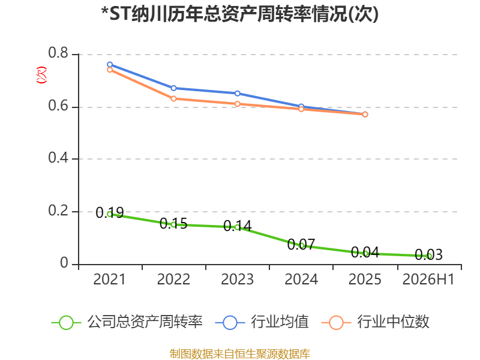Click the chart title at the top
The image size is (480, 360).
pos(240,14)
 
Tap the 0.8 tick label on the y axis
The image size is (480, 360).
pos(58,53)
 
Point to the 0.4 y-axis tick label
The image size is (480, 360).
pos(58,158)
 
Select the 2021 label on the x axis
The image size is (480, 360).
pos(109,279)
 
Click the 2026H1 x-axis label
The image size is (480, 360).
pos(428,279)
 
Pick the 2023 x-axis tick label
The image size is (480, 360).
pos(237,279)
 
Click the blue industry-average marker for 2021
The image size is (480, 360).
pos(110,65)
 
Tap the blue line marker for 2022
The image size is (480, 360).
pos(173,88)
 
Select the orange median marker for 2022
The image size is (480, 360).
pos(173,98)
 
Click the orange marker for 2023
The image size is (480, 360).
pos(237,104)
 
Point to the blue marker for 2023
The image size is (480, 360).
pos(237,94)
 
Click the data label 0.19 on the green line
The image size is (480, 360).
pos(110,213)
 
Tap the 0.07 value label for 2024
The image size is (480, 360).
pos(301,244)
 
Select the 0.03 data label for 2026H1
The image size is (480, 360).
pos(428,254)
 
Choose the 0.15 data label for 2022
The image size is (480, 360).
pos(173,223)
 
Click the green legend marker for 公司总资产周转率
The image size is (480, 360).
pos(66,323)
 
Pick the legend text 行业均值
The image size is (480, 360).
pos(280,322)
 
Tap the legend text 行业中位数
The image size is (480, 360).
pos(393,322)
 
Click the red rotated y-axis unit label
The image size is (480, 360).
pos(41,75)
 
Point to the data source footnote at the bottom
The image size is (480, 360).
pos(240,354)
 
